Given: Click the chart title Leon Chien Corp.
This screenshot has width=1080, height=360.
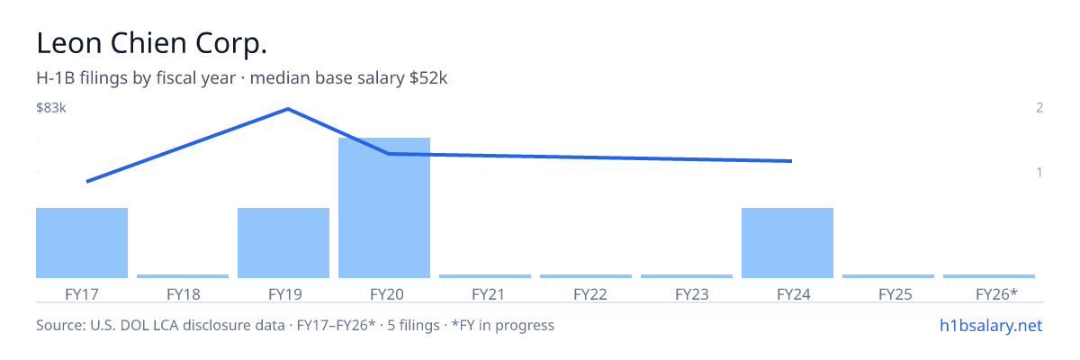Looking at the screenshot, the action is [151, 43].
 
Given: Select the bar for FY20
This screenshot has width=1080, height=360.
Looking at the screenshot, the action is [384, 208].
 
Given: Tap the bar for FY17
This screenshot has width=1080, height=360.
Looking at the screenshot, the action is [82, 243].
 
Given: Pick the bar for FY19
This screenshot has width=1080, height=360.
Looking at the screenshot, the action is [283, 243].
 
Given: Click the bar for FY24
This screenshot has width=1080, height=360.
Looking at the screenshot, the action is [787, 243].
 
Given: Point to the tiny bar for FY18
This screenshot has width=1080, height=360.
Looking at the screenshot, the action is [183, 276].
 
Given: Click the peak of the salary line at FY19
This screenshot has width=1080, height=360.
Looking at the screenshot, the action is [288, 109].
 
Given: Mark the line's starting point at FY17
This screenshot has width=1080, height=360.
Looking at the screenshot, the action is [87, 182].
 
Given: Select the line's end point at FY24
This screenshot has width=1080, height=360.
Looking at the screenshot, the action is [791, 161].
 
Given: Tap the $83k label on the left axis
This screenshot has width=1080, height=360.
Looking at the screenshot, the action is [51, 107].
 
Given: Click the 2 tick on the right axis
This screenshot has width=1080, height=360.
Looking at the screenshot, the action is [1039, 107].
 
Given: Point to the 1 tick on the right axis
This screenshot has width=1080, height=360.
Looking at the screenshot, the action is [1039, 172].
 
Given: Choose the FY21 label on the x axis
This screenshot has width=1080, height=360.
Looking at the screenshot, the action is [488, 294].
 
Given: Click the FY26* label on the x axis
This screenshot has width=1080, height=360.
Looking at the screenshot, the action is [996, 293].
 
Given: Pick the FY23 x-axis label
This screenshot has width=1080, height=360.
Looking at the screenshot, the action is [692, 294].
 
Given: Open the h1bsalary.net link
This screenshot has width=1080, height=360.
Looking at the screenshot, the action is [991, 325].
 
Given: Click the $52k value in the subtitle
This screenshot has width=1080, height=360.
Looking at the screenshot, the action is [428, 78].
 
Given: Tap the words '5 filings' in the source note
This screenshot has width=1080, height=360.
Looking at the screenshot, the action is [413, 325].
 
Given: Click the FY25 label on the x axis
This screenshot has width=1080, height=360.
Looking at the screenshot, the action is [895, 294].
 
